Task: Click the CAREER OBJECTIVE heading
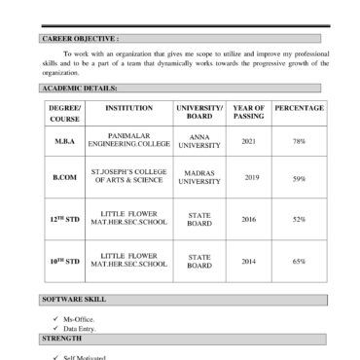tap(80, 39)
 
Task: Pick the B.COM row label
tap(65, 179)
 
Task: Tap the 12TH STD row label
tap(65, 219)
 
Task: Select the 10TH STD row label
tap(65, 261)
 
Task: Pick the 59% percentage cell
tap(299, 179)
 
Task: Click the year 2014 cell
tap(248, 261)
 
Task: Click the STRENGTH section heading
tap(63, 338)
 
